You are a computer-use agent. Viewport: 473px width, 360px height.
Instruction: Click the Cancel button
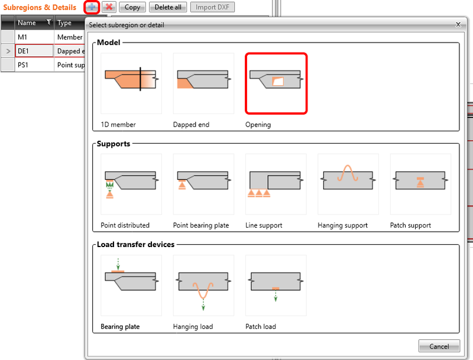pyautogui.click(x=439, y=346)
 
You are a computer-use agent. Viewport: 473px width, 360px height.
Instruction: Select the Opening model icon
pyautogui.click(x=276, y=83)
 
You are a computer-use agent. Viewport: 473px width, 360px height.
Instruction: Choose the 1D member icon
pyautogui.click(x=131, y=83)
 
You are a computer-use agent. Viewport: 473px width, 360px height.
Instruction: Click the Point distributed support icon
pyautogui.click(x=131, y=184)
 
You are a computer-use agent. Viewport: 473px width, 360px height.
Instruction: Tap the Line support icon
pyautogui.click(x=276, y=184)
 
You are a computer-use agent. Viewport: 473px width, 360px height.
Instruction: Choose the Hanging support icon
pyautogui.click(x=348, y=184)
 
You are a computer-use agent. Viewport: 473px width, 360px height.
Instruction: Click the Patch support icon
pyautogui.click(x=420, y=184)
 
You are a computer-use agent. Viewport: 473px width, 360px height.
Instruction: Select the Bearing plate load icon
pyautogui.click(x=131, y=285)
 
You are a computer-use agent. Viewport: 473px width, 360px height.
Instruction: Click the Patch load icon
pyautogui.click(x=276, y=285)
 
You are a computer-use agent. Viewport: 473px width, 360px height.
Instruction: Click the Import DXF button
pyautogui.click(x=212, y=8)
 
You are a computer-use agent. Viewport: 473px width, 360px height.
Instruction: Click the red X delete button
pyautogui.click(x=109, y=8)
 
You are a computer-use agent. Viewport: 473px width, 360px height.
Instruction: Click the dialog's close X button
pyautogui.click(x=458, y=25)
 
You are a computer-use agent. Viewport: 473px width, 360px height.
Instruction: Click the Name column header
pyautogui.click(x=30, y=23)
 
